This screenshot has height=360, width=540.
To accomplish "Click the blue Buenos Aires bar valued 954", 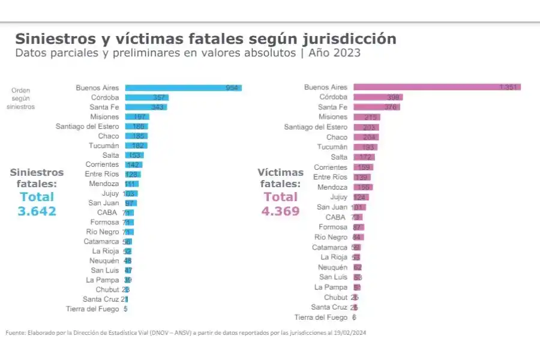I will coord(183,88).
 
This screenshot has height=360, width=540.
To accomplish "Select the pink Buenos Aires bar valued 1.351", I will coord(437,87).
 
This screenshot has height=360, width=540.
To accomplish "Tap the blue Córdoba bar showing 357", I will coord(146,97).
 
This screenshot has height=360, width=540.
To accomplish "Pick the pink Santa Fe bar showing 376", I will coord(376,107).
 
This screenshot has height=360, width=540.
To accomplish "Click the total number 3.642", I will coord(37,211).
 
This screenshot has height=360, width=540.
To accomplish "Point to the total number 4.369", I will coord(280,211).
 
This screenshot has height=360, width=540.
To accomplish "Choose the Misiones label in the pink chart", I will coord(333,117).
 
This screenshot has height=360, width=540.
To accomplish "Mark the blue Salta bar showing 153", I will coord(134,155).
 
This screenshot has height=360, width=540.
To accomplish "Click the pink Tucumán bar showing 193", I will coord(365,147).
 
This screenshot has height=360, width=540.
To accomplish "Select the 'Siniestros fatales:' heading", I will coord(37,178).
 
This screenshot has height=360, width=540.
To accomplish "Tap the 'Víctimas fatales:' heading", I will coord(280,178).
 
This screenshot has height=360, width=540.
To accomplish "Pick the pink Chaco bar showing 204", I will coord(366,137).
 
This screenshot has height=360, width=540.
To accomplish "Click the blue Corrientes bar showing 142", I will coord(134,164).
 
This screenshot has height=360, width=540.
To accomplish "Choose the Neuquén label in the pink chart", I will coord(332,267).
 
